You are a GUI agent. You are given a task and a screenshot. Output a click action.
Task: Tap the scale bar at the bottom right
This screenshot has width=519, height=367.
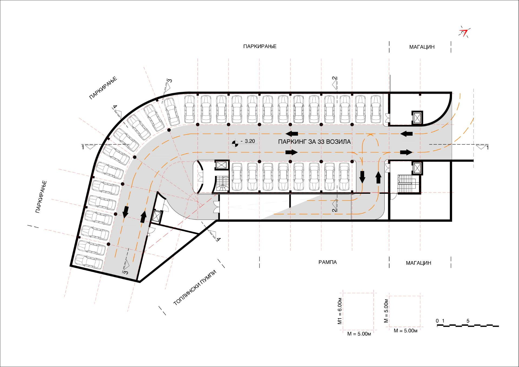[468, 326]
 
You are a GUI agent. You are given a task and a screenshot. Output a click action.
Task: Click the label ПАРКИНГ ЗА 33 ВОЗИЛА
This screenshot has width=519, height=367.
[314, 142]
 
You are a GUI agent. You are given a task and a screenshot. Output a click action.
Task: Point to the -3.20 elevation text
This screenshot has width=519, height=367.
[248, 141]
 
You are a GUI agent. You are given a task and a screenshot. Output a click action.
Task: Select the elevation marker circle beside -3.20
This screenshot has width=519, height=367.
[235, 144]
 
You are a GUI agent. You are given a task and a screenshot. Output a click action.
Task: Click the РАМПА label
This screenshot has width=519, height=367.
[328, 262]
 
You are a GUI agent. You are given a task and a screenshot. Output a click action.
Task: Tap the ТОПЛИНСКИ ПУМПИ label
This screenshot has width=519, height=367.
[195, 288]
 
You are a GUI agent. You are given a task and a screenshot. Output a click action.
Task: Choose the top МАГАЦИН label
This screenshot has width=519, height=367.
[422, 47]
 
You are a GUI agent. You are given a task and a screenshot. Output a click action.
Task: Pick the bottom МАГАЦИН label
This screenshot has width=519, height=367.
[418, 263]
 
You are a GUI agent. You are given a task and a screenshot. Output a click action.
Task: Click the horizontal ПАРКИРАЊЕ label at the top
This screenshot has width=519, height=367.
[260, 46]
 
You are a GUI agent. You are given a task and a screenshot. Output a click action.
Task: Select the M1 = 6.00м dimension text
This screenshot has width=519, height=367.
[340, 311]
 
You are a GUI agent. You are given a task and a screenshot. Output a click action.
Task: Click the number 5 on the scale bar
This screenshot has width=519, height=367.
[468, 321]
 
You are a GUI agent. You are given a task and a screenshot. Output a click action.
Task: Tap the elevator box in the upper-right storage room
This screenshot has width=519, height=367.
[417, 118]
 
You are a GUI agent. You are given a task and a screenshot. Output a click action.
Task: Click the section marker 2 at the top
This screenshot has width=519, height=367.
[335, 83]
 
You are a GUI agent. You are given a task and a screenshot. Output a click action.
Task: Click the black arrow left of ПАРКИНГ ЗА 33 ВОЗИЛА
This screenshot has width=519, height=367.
[292, 134]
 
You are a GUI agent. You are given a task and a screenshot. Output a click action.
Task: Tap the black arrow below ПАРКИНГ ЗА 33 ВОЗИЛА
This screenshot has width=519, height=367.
[292, 152]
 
